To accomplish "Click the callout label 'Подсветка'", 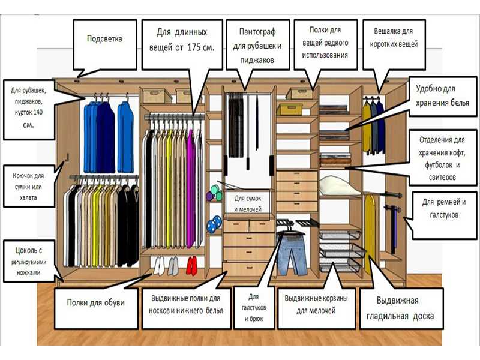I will pyautogui.click(x=104, y=40).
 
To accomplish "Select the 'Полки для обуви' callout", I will pyautogui.click(x=96, y=302).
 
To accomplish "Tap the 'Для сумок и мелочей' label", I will pyautogui.click(x=251, y=203).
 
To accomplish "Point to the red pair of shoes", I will pyautogui.click(x=192, y=265).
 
